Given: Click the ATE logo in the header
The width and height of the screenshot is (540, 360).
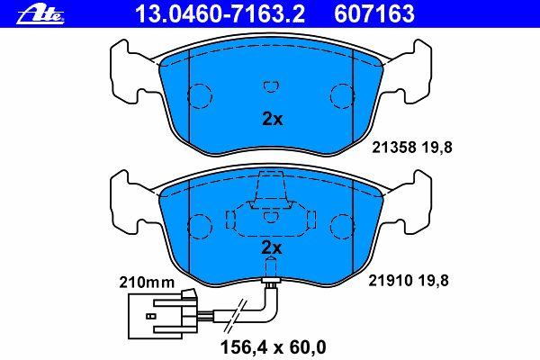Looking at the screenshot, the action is (40, 14).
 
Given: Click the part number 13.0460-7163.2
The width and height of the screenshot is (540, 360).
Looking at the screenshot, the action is (220, 14).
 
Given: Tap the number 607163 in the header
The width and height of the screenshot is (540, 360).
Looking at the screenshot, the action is (374, 14).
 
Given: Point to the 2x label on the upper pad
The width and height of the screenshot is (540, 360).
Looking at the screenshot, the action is (273, 119).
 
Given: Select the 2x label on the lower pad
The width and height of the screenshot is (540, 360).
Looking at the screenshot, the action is (272, 247).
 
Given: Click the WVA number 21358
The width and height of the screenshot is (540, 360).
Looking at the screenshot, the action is (394, 148).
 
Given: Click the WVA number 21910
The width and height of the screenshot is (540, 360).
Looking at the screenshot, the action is (391, 281).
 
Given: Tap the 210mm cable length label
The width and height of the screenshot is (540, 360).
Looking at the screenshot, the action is (147, 283).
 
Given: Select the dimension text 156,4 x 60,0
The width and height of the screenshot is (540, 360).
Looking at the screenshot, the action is (273, 346).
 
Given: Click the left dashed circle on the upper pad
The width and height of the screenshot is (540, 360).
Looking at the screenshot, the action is (187, 96).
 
